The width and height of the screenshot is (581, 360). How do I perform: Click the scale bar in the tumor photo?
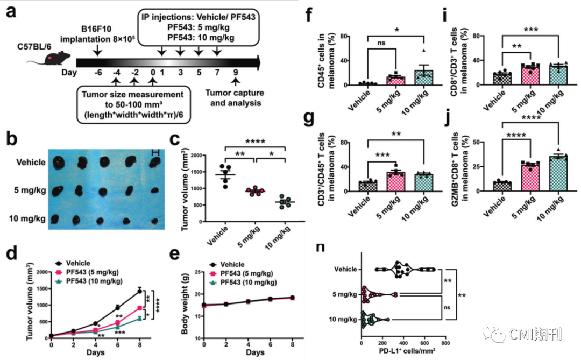coord(155,153)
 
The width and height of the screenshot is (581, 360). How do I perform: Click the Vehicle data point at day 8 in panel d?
coord(139,291)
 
